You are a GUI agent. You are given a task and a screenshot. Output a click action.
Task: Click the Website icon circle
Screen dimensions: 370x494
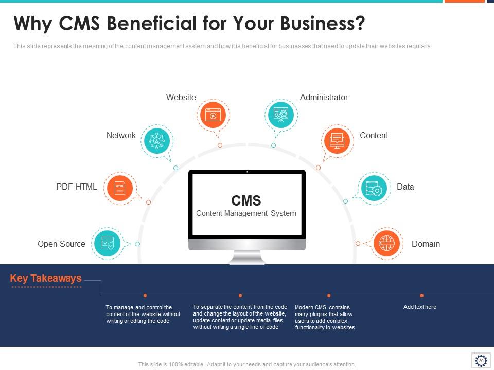pyautogui.click(x=213, y=115)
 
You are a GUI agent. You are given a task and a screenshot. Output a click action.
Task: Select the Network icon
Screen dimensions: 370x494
pyautogui.click(x=156, y=140)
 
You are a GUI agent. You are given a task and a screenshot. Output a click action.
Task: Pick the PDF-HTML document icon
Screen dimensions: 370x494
pyautogui.click(x=119, y=188)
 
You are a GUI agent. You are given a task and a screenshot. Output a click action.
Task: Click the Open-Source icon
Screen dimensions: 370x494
pyautogui.click(x=107, y=244)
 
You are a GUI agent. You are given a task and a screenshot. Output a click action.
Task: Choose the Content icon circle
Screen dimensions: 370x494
pyautogui.click(x=337, y=140)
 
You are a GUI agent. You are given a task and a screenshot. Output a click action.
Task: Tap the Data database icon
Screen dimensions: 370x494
pyautogui.click(x=373, y=188)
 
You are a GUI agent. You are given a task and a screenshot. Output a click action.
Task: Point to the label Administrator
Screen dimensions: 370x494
pyautogui.click(x=324, y=97)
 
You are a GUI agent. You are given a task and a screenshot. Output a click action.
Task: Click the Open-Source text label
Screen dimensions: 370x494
pyautogui.click(x=61, y=244)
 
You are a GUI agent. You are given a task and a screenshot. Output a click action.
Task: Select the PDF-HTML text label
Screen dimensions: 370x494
pyautogui.click(x=76, y=187)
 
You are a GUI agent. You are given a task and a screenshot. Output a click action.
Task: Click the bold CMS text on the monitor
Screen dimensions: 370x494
pyautogui.click(x=246, y=200)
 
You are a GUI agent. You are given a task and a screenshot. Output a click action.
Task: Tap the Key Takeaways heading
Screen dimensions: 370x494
pyautogui.click(x=46, y=278)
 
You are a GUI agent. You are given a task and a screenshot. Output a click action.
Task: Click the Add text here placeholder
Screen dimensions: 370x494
pyautogui.click(x=419, y=307)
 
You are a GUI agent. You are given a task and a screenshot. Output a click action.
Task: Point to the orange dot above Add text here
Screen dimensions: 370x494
pyautogui.click(x=421, y=295)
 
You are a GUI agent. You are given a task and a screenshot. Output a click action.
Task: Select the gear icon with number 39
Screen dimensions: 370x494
pyautogui.click(x=481, y=360)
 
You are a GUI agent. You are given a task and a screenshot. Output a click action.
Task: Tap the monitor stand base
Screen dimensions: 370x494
pyautogui.click(x=247, y=261)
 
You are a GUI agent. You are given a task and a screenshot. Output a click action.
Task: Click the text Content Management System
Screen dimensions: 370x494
pyautogui.click(x=246, y=213)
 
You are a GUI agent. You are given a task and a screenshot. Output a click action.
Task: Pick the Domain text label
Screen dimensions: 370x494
pyautogui.click(x=426, y=244)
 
